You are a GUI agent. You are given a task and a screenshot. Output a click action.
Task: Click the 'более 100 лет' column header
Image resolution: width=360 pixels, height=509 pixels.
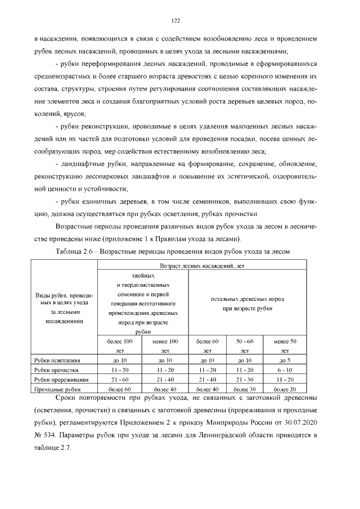(120, 345)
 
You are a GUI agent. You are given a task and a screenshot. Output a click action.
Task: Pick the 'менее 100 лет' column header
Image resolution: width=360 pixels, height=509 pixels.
(165, 345)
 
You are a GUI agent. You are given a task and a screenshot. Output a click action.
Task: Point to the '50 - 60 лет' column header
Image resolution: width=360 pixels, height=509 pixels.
(245, 345)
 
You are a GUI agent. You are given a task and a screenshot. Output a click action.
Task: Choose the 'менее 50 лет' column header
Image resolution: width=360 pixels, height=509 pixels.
(285, 345)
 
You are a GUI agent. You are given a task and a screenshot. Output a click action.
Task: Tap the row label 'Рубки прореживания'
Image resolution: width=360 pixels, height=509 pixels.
(60, 380)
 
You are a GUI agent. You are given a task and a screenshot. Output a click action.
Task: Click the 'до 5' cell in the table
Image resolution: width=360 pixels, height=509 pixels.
(285, 359)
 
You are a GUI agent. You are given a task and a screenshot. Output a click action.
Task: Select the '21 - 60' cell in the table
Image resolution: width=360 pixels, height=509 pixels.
(120, 380)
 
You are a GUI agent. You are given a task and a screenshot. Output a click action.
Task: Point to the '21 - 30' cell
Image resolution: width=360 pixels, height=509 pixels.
(245, 380)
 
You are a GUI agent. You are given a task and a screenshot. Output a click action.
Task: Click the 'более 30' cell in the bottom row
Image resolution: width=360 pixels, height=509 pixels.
(245, 389)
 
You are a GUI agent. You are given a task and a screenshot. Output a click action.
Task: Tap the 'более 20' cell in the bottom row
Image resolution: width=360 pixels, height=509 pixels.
(285, 389)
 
